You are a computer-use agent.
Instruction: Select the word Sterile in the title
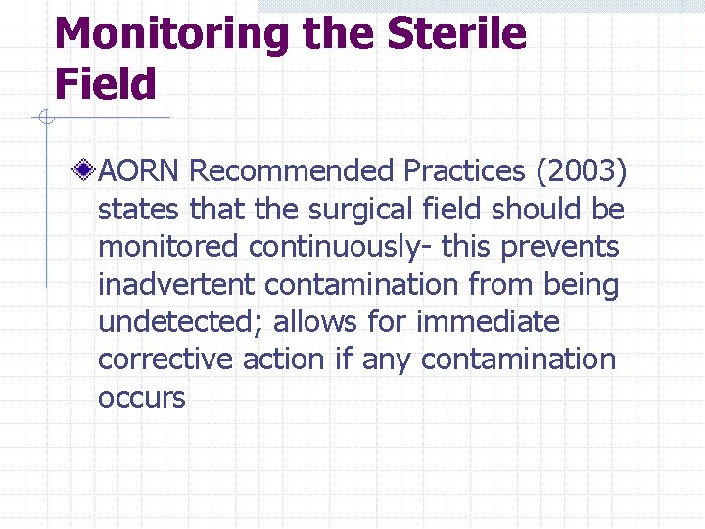coord(457,35)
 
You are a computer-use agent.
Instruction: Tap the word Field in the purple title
coord(106,84)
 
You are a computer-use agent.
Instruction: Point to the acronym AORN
coord(140,171)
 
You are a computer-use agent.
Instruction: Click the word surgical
coord(348,210)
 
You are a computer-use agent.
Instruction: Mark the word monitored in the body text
coord(167,247)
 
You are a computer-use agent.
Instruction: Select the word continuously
coord(339,247)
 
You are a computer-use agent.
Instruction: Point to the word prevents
coord(560,247)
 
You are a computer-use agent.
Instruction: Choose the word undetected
coord(180,322)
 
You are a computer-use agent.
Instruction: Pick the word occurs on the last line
coord(141,398)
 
